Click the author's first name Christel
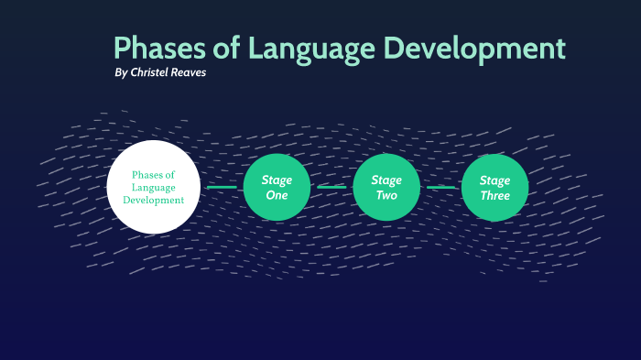click(155, 72)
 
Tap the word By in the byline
click(123, 72)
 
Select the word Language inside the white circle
click(153, 187)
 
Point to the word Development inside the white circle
click(153, 199)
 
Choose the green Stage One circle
click(277, 187)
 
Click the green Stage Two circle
click(386, 187)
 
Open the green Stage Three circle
click(494, 187)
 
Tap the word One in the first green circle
click(277, 195)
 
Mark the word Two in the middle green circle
click(386, 195)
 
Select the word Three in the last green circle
click(494, 195)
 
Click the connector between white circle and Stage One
click(222, 187)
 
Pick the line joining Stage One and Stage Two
click(331, 187)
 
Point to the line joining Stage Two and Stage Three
click(440, 187)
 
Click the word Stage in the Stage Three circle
click(494, 180)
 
